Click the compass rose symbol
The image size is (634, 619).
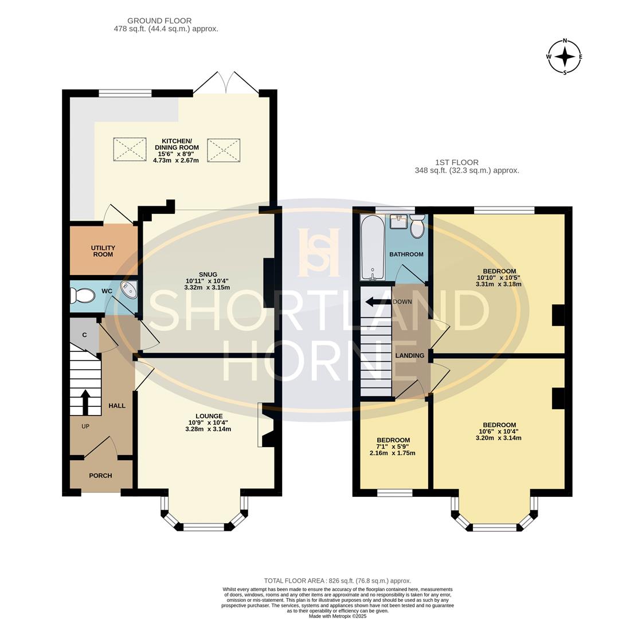tap(565, 57)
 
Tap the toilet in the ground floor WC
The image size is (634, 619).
tap(82, 296)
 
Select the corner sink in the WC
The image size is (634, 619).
tap(130, 289)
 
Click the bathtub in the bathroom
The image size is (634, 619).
tap(373, 248)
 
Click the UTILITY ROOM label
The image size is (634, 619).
tap(103, 251)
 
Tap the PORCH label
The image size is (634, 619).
tap(100, 476)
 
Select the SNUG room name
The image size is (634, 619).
tap(208, 274)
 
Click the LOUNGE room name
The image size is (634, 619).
tap(209, 416)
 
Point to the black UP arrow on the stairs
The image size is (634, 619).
tap(85, 402)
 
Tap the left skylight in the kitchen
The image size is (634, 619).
tap(130, 150)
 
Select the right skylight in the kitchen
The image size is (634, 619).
tap(224, 150)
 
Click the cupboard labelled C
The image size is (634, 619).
tap(84, 335)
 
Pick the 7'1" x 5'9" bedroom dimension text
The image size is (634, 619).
tap(393, 446)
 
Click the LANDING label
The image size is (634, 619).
tap(410, 355)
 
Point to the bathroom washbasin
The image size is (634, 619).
tap(398, 222)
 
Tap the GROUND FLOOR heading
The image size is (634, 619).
tap(159, 21)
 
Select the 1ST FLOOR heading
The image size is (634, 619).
tap(457, 162)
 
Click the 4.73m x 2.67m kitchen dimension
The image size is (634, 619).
tap(176, 160)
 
